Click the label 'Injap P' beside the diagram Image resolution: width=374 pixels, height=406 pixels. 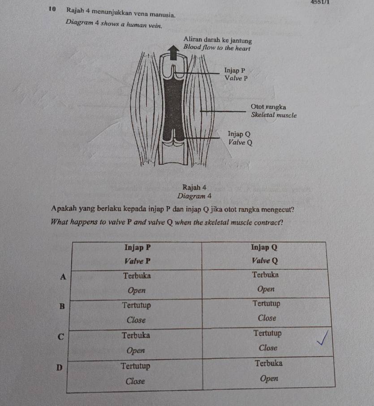235,70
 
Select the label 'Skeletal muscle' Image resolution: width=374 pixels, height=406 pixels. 274,115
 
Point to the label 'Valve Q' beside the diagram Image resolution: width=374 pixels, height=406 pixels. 241,143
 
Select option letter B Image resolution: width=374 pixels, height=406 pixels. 62,306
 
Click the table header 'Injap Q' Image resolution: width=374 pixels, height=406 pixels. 264,247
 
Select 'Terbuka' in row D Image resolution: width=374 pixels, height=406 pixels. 269,364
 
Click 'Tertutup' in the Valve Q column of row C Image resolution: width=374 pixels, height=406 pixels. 267,333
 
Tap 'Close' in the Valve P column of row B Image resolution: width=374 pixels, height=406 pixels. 136,320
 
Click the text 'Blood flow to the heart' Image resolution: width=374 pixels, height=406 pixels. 218,47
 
